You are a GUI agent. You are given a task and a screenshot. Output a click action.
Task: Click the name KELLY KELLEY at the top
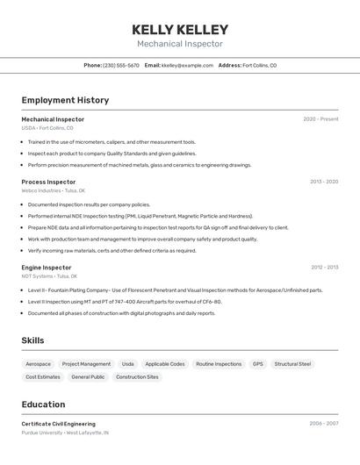coord(180,29)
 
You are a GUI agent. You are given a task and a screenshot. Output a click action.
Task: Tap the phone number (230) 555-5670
coord(121,65)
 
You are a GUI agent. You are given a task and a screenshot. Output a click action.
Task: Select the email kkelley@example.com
coord(187,65)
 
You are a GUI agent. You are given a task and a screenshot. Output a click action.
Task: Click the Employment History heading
coord(65,100)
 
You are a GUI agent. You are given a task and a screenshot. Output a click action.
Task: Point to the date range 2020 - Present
coord(320,119)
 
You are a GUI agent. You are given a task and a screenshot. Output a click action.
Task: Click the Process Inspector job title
coord(48,182)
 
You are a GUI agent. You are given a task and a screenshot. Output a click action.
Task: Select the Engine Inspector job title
coord(47,268)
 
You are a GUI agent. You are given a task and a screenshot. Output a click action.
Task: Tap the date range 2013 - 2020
coord(323,182)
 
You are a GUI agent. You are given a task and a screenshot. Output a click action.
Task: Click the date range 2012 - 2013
coord(324,268)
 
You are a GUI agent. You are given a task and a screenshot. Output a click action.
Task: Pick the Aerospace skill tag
coord(39,364)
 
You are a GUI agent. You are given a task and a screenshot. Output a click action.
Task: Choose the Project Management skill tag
coord(86,364)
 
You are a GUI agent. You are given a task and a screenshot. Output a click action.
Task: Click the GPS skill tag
coord(257,364)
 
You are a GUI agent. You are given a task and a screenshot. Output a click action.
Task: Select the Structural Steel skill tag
coord(292,364)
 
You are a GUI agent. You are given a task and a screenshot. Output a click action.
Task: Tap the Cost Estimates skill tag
coord(43,377)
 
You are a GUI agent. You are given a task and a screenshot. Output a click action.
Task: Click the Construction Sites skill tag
coord(137,377)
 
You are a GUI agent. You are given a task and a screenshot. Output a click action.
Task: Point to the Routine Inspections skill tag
coord(219,364)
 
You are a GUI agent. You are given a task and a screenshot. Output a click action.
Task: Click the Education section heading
coord(43,404)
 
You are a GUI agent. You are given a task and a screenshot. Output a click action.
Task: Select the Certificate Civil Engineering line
coord(58,424)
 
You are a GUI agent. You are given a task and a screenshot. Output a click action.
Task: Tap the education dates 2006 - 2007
coord(323,424)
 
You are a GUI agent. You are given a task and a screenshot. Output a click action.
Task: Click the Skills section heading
coord(32,340)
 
